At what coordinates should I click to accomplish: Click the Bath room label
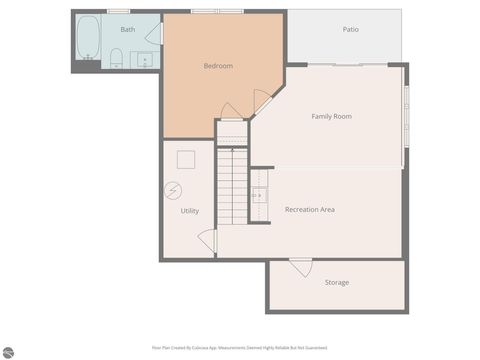tap(128, 30)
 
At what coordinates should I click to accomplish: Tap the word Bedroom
tap(218, 66)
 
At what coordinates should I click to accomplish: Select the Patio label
tap(350, 30)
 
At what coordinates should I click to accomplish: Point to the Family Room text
tap(331, 117)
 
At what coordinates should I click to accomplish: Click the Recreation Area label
tap(309, 210)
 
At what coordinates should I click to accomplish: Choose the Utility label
tap(189, 211)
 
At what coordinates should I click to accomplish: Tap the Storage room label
tap(337, 283)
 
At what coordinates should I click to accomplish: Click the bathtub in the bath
tap(88, 37)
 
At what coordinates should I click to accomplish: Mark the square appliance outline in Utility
tap(186, 159)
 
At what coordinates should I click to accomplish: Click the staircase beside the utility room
tap(232, 184)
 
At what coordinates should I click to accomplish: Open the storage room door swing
tap(301, 267)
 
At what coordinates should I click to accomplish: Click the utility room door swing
tap(208, 240)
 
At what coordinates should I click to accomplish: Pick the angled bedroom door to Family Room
tap(262, 101)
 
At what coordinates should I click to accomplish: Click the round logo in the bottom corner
tap(8, 352)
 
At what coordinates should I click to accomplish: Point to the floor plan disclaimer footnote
tap(240, 348)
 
